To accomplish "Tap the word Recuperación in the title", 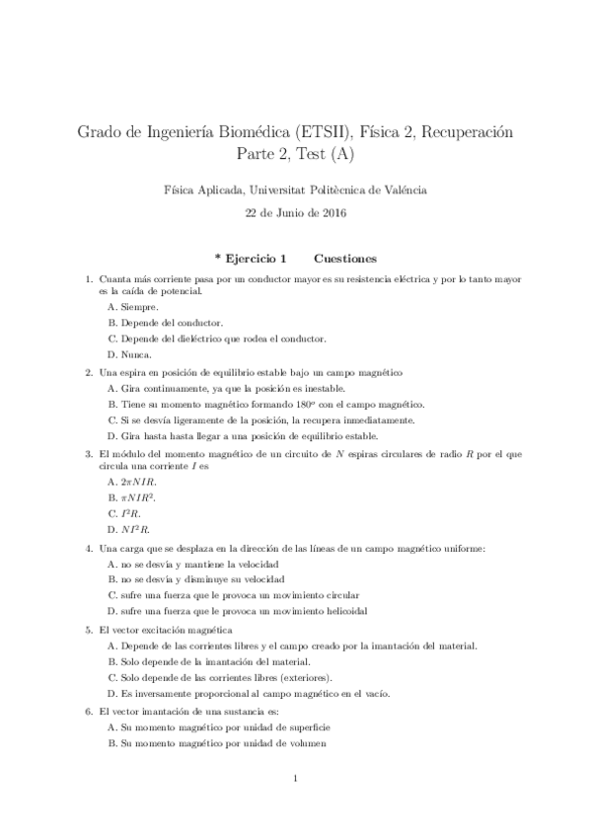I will click(466, 131).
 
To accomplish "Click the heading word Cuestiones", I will click(345, 259).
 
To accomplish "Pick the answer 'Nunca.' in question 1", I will click(136, 353).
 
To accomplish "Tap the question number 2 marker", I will click(90, 372).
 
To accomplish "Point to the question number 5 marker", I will click(90, 629).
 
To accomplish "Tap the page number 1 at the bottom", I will click(296, 781).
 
